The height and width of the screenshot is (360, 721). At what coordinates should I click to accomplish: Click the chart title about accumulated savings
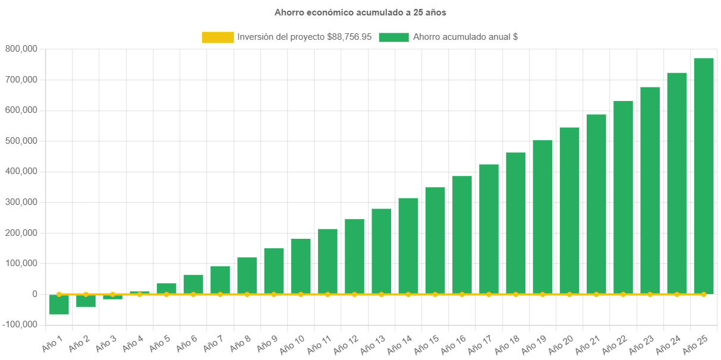tap(360, 12)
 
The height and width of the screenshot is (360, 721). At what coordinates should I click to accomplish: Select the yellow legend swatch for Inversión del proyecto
tap(218, 37)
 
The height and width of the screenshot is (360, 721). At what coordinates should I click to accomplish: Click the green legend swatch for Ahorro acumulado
tap(393, 37)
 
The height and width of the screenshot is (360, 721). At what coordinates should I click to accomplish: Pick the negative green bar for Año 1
tap(59, 305)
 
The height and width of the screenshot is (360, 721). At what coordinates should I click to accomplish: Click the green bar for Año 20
tap(569, 210)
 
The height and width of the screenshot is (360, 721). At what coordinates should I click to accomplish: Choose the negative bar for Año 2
tap(86, 301)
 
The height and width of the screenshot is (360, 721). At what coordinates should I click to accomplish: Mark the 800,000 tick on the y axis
tap(21, 49)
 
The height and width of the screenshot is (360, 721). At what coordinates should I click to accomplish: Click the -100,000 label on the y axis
tap(20, 324)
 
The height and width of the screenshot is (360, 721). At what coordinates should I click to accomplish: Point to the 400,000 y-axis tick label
tap(21, 171)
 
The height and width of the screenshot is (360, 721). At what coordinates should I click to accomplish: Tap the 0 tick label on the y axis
tap(35, 294)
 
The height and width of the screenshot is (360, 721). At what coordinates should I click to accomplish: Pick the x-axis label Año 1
tap(52, 343)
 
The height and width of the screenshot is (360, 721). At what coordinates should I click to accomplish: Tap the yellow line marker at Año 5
tap(166, 294)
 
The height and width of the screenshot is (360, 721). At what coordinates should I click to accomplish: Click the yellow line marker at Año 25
tap(704, 294)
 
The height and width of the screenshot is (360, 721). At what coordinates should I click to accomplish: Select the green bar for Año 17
tap(489, 229)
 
